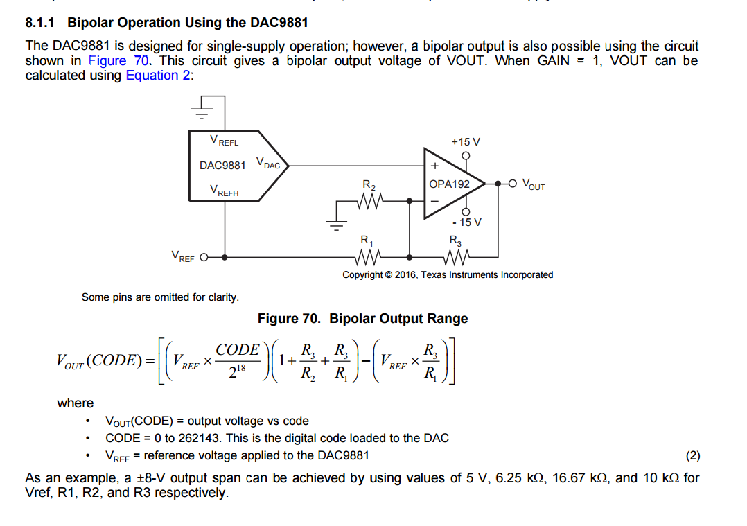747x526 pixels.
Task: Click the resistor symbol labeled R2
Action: [369, 202]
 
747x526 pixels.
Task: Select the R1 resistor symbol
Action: [368, 257]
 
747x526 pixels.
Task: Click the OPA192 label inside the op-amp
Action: [449, 184]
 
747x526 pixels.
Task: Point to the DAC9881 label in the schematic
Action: [222, 166]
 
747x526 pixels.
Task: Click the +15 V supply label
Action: [466, 141]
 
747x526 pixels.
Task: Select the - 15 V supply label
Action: [466, 222]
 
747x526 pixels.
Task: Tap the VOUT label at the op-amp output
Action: [534, 185]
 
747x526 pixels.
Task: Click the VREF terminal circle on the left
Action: [204, 257]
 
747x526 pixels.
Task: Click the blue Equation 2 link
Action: [158, 76]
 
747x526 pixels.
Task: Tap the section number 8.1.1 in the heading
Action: [40, 23]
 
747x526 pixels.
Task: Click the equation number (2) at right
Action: [693, 455]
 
